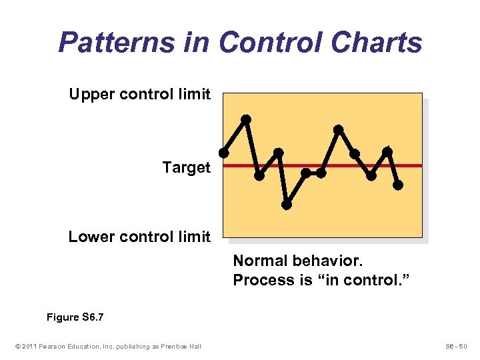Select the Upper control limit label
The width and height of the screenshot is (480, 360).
[139, 94]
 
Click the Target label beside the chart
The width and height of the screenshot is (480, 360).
[186, 167]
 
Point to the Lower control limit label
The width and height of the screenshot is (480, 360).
[139, 237]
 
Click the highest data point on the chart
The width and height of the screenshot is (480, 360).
[246, 119]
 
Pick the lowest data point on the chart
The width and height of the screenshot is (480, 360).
[287, 205]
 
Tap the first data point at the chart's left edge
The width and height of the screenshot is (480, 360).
[224, 153]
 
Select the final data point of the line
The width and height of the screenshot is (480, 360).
[398, 185]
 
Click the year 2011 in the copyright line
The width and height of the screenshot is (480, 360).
[29, 345]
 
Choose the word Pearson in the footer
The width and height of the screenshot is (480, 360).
[53, 345]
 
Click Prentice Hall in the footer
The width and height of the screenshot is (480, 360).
[181, 345]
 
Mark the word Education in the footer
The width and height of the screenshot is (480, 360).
[83, 345]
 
